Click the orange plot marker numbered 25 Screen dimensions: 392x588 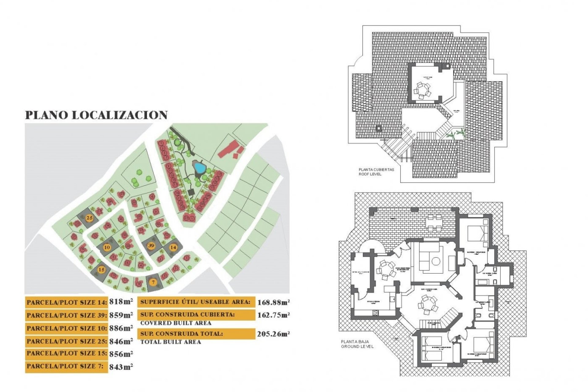click(x=89, y=218)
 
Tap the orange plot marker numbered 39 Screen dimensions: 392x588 click(x=151, y=245)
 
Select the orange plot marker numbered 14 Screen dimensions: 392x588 click(x=173, y=247)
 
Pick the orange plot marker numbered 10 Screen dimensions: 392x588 click(x=107, y=247)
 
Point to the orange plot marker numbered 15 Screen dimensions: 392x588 click(x=101, y=269)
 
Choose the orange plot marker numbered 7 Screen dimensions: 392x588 click(x=153, y=282)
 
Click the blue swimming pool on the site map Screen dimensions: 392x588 click(x=199, y=168)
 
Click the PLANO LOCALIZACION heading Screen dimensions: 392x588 click(x=96, y=115)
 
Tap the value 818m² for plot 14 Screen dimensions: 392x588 click(x=121, y=302)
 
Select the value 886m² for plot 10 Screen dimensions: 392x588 click(x=121, y=328)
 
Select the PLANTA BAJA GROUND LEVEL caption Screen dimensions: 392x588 click(x=357, y=344)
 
